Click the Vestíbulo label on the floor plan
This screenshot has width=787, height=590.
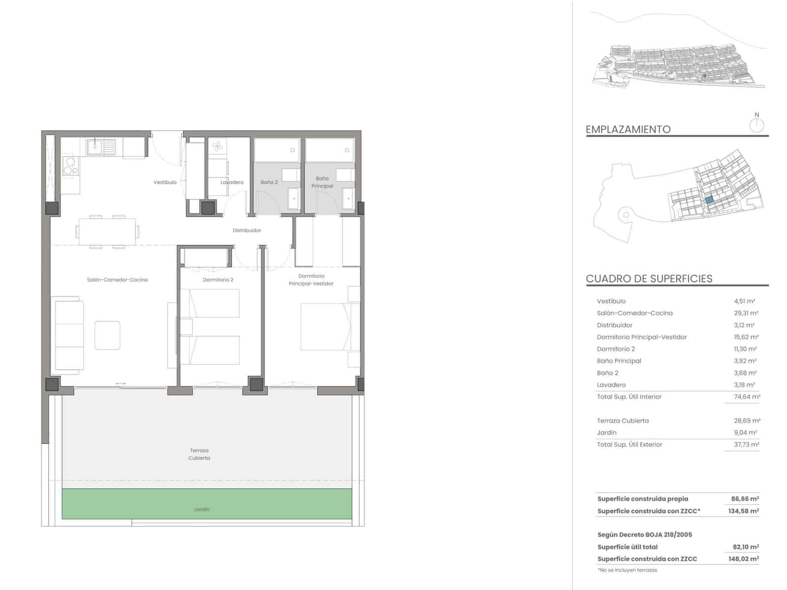pos(165,182)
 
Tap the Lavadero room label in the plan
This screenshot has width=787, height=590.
pos(232,182)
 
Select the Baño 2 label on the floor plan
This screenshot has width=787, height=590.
pos(269,182)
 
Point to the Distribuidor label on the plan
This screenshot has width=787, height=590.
pos(247,231)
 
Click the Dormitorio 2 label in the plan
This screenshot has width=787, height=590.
pos(218,280)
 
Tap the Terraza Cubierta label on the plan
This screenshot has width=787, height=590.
pos(199,454)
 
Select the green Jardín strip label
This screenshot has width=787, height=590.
pos(202,509)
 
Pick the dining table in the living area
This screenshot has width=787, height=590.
pos(107,232)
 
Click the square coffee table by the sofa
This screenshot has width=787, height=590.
pos(107,335)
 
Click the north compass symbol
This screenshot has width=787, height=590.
pos(757,125)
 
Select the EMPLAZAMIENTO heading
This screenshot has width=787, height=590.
pos(628,130)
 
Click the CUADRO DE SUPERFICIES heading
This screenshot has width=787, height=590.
pos(649,279)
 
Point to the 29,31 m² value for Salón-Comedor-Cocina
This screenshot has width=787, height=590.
pos(746,313)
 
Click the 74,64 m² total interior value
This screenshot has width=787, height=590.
pos(747,397)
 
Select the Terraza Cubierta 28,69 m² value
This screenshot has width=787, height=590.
pos(747,421)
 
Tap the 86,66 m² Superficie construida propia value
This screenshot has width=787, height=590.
pos(745,499)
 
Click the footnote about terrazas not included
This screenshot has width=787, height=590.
pos(627,570)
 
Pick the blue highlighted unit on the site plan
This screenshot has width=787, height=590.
pos(709,200)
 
